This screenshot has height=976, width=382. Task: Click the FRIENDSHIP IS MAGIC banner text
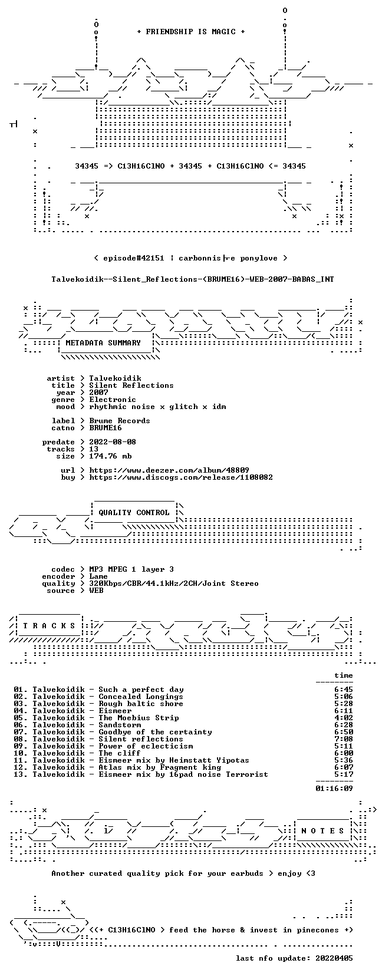(x=191, y=32)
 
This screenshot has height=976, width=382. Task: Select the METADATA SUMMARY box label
(x=103, y=343)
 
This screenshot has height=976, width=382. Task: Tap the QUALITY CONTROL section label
(x=134, y=513)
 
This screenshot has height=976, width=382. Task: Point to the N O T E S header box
(x=323, y=831)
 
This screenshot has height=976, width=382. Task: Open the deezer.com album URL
(x=169, y=470)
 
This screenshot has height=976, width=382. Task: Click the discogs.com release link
(x=181, y=477)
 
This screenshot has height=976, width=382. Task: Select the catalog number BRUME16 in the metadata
(x=106, y=428)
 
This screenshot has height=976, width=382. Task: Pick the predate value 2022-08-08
(x=113, y=442)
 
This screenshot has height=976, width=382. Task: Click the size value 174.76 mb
(x=110, y=456)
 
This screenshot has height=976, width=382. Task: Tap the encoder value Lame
(x=98, y=576)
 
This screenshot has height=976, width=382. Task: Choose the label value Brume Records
(x=120, y=421)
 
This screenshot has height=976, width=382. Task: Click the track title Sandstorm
(x=120, y=725)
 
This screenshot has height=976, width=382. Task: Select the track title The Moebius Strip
(x=139, y=718)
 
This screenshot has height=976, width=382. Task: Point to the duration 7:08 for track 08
(x=344, y=739)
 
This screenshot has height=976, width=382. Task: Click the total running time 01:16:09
(x=334, y=788)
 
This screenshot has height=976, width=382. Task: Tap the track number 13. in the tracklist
(x=21, y=774)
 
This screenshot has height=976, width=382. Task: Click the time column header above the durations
(x=344, y=675)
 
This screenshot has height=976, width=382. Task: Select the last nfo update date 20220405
(x=334, y=958)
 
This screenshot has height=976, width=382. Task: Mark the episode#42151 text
(x=134, y=258)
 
